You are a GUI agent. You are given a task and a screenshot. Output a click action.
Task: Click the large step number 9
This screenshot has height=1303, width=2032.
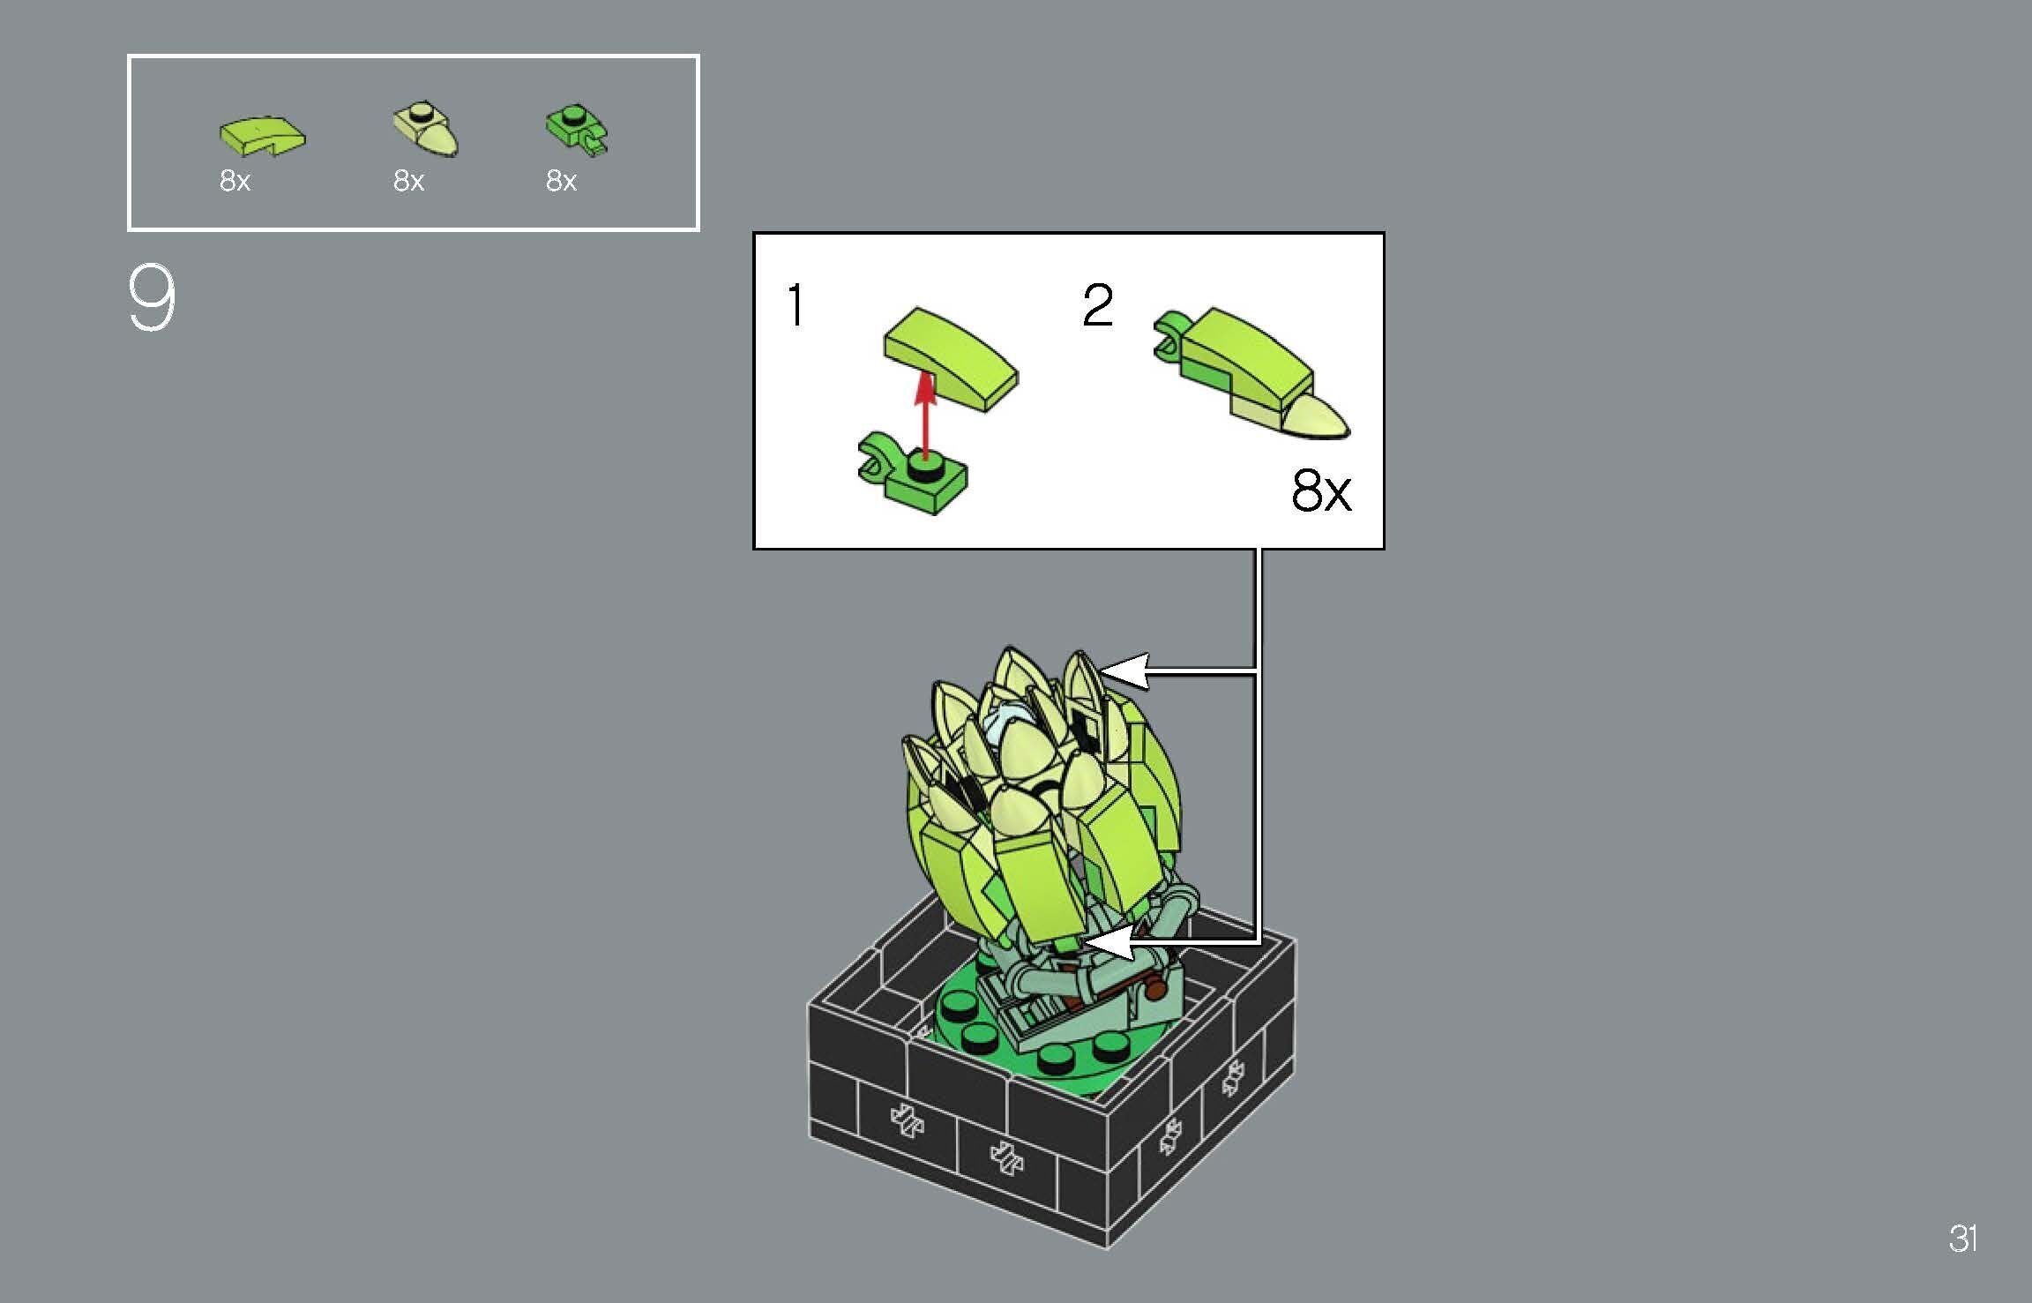tap(152, 299)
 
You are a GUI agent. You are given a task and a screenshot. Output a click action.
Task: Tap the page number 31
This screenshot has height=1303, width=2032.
tap(1963, 1239)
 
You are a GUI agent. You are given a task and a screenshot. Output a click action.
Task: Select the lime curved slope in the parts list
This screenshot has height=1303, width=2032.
tap(262, 135)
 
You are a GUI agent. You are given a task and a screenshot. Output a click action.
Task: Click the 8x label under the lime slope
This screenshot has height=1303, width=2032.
tap(235, 181)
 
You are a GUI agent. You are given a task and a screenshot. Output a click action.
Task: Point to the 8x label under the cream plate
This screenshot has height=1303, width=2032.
tap(408, 181)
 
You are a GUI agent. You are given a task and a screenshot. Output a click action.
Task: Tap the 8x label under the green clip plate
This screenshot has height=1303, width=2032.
tap(561, 181)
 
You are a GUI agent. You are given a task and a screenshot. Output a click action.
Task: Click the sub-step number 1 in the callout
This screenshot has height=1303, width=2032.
tap(796, 306)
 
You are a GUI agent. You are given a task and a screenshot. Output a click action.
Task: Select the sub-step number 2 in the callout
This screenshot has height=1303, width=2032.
tap(1098, 306)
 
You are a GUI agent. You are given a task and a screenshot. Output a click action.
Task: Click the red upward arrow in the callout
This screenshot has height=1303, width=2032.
tap(924, 415)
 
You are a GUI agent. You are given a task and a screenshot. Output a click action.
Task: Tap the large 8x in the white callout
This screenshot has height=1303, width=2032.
tap(1320, 490)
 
